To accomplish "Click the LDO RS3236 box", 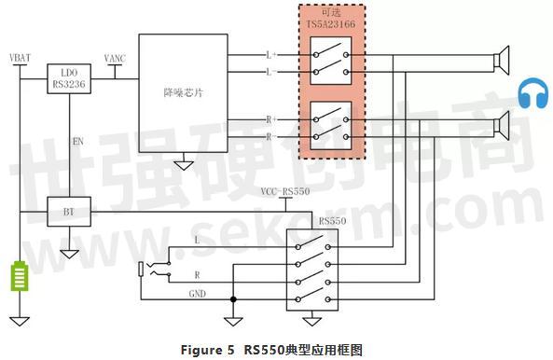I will click(x=69, y=80).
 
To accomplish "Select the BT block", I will click(x=69, y=211).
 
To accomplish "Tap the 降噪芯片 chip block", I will click(x=183, y=93).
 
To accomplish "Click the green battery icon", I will click(x=19, y=278).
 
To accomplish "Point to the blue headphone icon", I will click(x=532, y=95).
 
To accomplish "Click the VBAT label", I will click(x=19, y=58).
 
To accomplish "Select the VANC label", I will click(x=117, y=58).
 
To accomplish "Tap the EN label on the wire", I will click(x=78, y=142).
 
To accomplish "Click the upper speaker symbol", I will click(x=505, y=62).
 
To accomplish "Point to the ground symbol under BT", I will click(x=69, y=251).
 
